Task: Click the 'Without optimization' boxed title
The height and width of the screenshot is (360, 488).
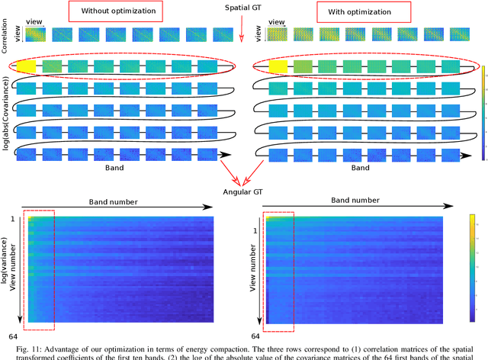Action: point(117,12)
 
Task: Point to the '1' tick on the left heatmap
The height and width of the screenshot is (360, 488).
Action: point(13,219)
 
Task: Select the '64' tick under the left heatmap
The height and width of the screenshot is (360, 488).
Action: point(13,336)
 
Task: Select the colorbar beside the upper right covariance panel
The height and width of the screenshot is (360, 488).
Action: point(483,113)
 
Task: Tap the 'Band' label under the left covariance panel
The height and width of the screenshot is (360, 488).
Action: point(112,166)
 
